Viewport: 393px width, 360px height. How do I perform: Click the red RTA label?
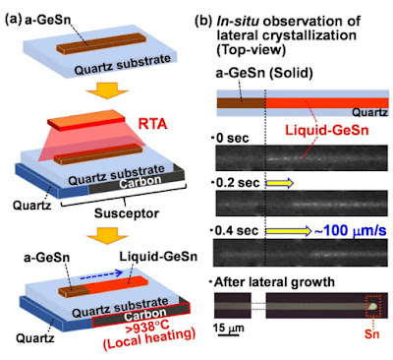tap(152, 125)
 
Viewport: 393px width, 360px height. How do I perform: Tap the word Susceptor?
tap(127, 213)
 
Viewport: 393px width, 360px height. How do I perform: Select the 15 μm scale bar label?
tap(229, 328)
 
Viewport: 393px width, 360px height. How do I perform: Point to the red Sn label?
tap(372, 333)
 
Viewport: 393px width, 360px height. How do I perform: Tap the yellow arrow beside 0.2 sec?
tap(279, 184)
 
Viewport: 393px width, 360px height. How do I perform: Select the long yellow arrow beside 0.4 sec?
tap(288, 231)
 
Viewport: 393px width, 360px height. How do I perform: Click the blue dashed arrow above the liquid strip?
tap(101, 275)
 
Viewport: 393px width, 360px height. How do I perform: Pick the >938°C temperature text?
tap(149, 329)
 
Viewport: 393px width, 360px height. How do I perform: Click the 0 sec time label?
tap(232, 139)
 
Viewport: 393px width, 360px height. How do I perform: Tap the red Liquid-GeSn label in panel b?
tap(327, 131)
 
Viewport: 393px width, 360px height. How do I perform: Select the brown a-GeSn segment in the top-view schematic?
tap(242, 103)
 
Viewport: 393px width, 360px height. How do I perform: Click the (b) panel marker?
tap(205, 21)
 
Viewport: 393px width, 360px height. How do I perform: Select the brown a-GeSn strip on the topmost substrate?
tap(100, 43)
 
